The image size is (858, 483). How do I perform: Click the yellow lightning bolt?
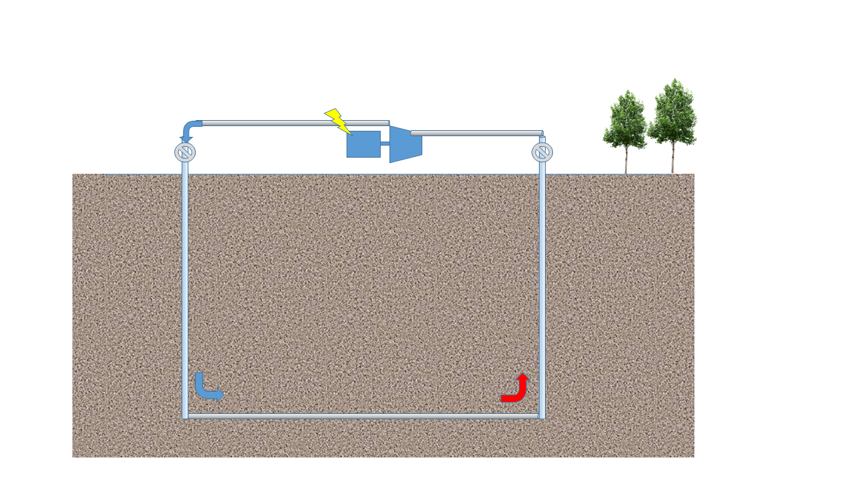tap(337, 121)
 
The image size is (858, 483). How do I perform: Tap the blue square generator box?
tap(363, 144)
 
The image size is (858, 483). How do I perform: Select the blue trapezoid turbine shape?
tap(405, 144)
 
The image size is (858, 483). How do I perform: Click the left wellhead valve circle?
tap(185, 152)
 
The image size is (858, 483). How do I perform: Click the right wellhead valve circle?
tap(542, 152)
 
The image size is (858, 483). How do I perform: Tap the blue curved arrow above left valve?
tap(189, 129)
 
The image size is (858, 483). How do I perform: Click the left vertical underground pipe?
tap(185, 282)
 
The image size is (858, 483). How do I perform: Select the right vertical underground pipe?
tap(542, 282)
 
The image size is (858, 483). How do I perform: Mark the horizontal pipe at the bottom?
tap(362, 417)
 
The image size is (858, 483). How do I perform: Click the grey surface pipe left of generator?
tap(295, 123)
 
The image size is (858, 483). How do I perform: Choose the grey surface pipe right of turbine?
tap(476, 133)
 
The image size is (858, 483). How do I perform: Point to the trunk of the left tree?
tap(626, 161)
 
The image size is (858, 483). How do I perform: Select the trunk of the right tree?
tap(672, 159)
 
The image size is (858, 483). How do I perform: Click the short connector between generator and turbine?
tap(385, 144)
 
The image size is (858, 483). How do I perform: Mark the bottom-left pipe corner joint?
tap(185, 417)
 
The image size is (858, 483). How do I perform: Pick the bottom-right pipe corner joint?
tap(542, 417)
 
